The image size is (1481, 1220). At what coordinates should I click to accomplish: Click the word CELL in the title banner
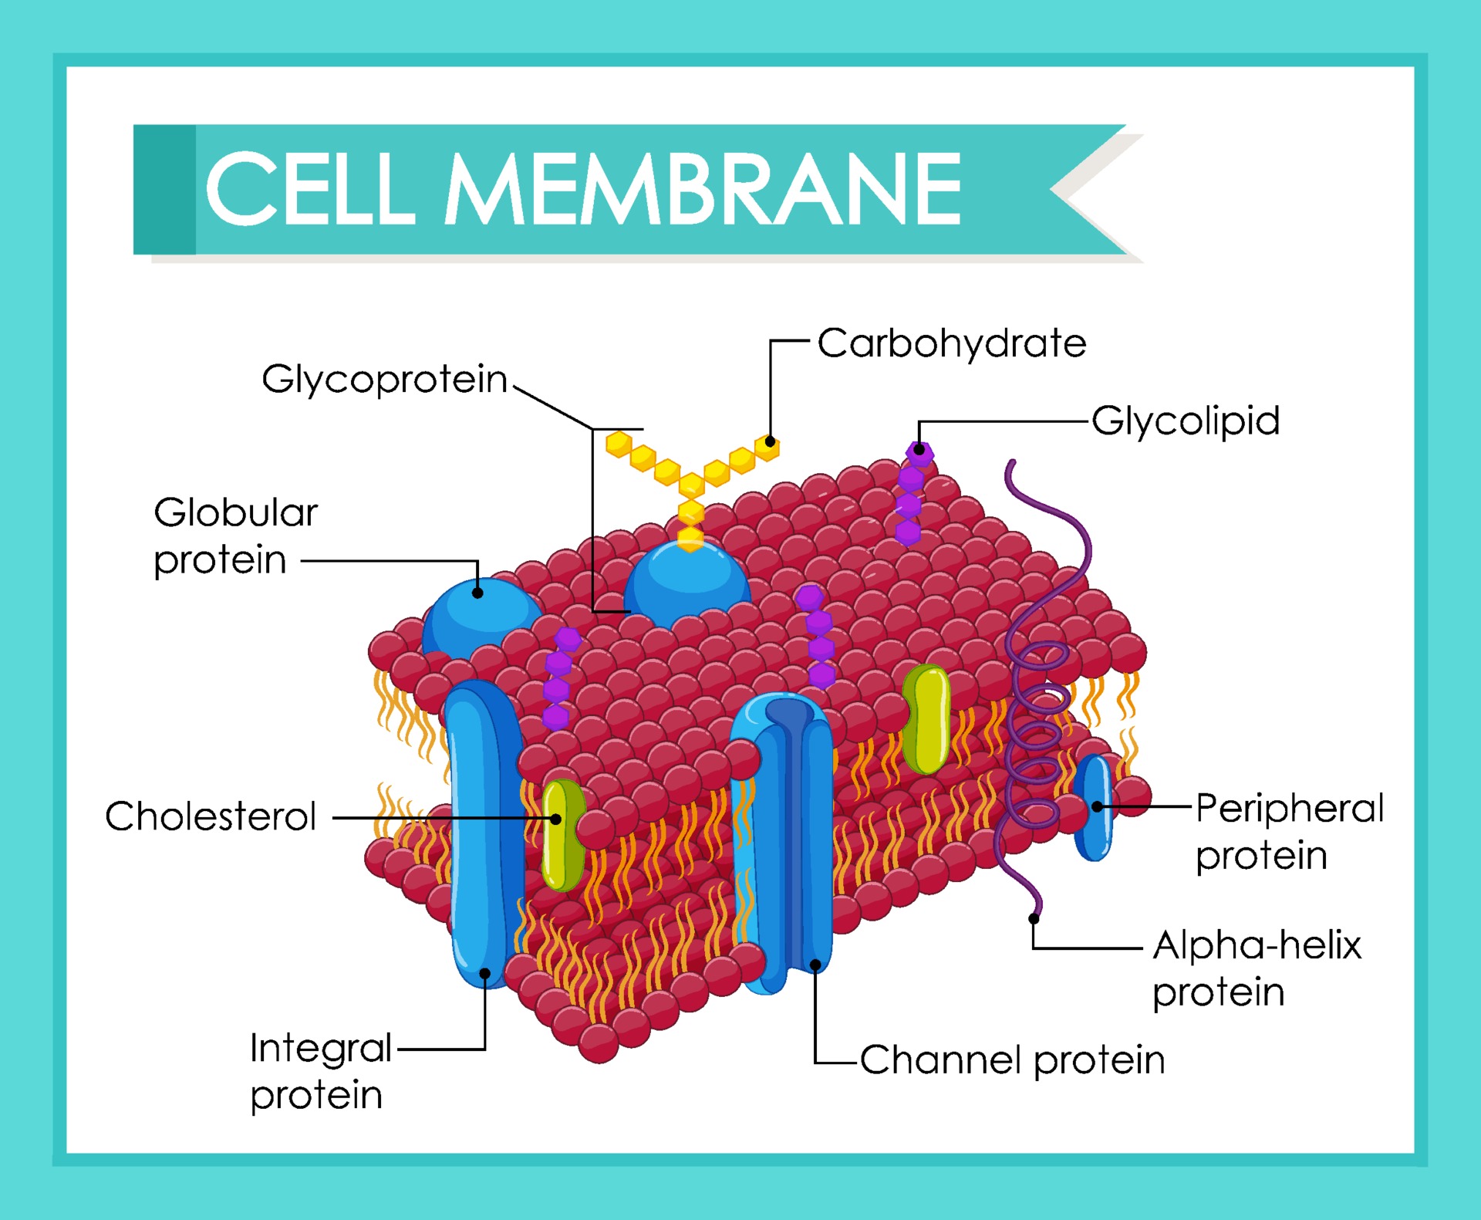tap(310, 189)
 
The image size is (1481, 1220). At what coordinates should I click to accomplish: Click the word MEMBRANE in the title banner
tap(703, 189)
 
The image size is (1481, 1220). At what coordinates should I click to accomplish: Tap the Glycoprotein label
tap(384, 379)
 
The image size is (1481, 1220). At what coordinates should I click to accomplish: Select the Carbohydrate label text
tap(952, 343)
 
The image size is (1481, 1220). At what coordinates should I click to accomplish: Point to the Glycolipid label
tap(1186, 421)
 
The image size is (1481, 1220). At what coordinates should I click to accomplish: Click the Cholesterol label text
tap(211, 816)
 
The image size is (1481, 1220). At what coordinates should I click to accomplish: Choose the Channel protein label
tap(1012, 1059)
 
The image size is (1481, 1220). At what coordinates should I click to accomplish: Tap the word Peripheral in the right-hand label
tap(1290, 809)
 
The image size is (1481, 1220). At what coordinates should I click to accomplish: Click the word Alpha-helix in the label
tap(1257, 945)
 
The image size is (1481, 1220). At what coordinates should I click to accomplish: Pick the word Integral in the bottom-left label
tap(321, 1048)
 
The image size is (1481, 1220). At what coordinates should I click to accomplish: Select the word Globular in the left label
tap(235, 512)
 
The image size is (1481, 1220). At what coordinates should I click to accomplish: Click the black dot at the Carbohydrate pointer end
tap(770, 441)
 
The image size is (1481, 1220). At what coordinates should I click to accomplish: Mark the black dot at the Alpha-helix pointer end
tap(1034, 918)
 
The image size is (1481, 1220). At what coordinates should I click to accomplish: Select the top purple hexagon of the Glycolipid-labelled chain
tap(919, 453)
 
